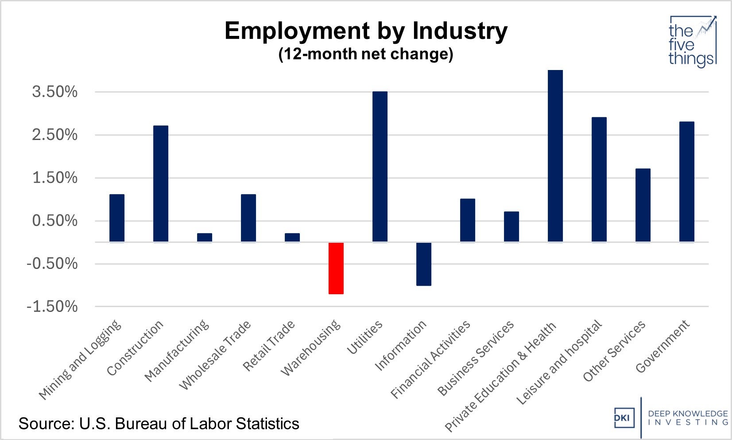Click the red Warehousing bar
click(336, 268)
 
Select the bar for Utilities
click(380, 167)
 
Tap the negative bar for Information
click(424, 264)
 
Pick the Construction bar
click(161, 184)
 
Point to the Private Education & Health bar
click(555, 156)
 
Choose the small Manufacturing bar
click(205, 238)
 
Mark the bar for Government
click(687, 182)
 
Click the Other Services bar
click(643, 205)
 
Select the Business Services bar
click(511, 226)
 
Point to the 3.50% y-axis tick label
click(54, 92)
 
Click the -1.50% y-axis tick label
click(52, 307)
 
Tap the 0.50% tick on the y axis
click(54, 221)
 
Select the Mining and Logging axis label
click(80, 359)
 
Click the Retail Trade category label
click(269, 346)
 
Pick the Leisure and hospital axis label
click(559, 362)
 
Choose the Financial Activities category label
click(430, 360)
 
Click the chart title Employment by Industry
click(366, 31)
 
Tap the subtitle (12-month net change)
click(366, 54)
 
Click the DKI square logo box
click(624, 418)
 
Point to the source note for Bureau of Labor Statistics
click(159, 424)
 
